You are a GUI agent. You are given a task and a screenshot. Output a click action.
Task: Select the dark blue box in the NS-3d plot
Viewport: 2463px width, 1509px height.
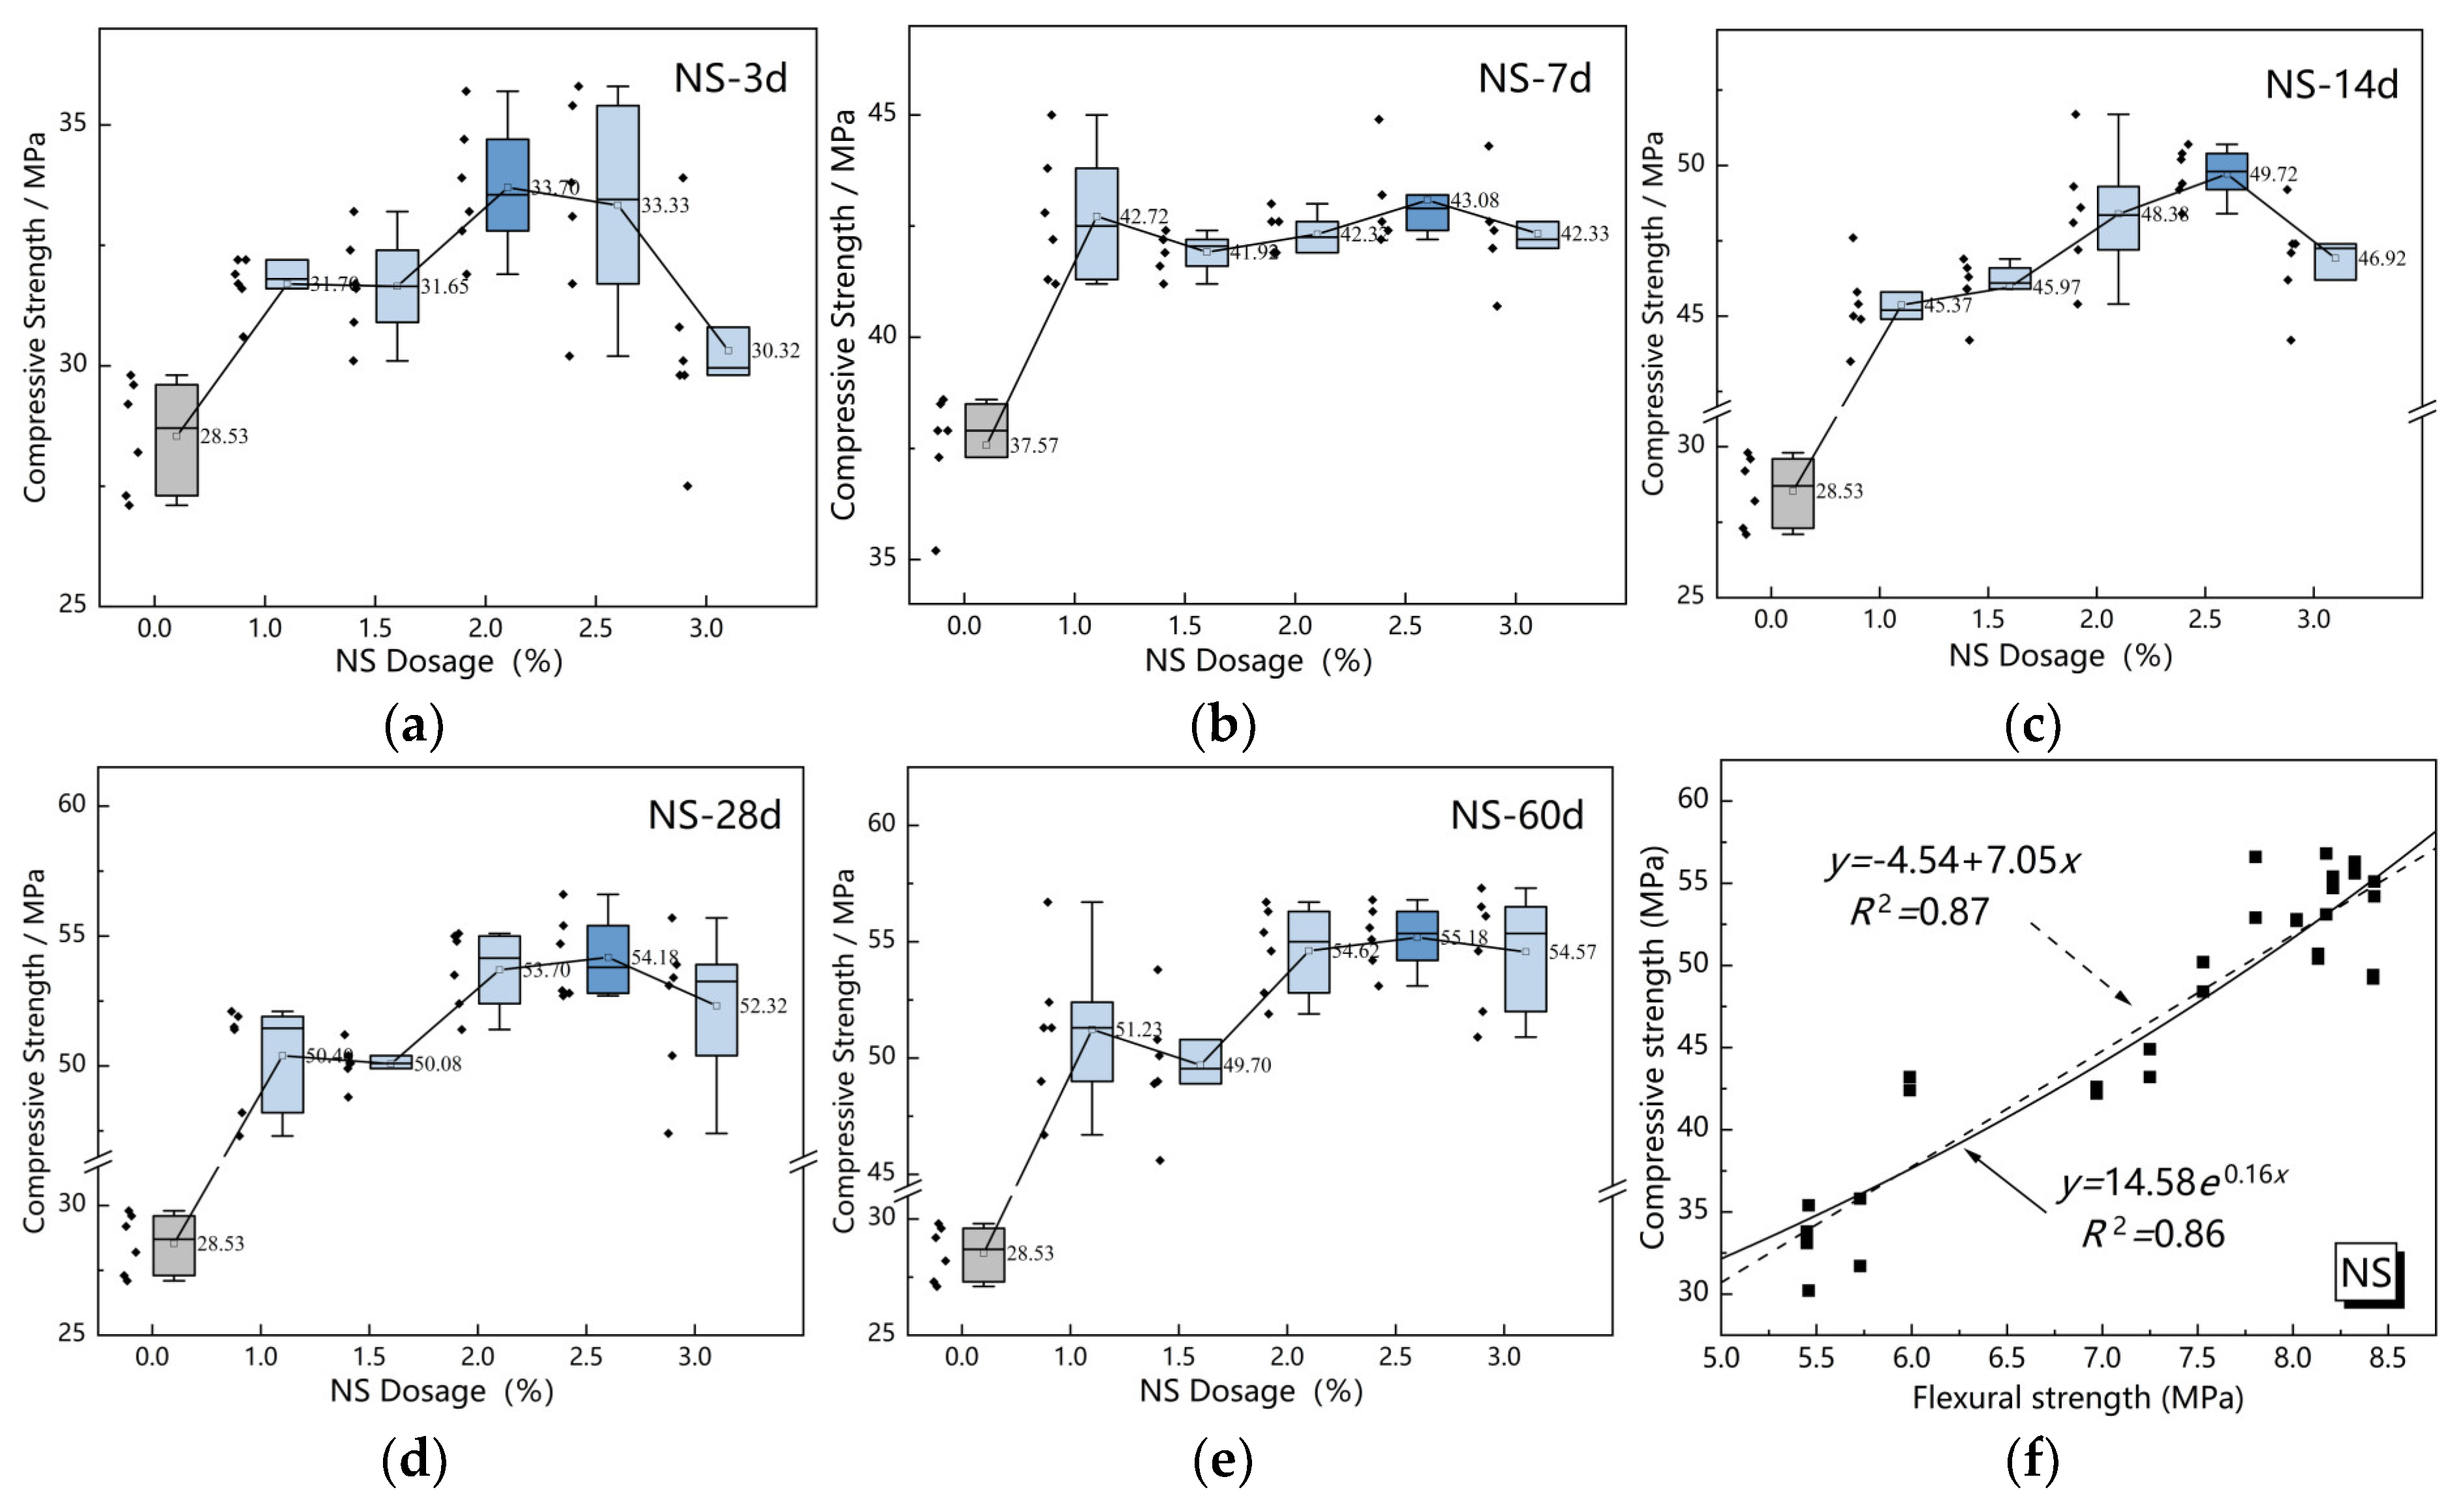click(508, 185)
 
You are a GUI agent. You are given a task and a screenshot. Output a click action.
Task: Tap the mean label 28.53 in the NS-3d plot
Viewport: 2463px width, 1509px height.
click(224, 436)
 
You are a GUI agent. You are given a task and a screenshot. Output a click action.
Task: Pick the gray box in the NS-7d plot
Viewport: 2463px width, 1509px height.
click(986, 430)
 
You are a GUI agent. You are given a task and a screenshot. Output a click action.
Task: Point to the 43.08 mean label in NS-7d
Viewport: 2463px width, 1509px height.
click(1475, 201)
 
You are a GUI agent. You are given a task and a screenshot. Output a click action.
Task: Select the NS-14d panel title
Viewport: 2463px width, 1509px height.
click(2331, 84)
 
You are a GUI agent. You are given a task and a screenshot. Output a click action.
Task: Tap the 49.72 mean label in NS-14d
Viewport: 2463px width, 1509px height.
click(2273, 174)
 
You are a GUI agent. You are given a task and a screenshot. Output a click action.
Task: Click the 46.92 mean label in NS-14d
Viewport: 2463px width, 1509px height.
click(2382, 258)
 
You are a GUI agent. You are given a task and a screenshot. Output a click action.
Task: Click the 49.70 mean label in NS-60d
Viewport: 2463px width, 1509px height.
click(1247, 1065)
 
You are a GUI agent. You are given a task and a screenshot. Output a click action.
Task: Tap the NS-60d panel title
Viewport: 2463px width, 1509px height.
click(1516, 815)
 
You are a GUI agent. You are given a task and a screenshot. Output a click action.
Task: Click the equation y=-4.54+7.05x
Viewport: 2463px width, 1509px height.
click(1954, 861)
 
